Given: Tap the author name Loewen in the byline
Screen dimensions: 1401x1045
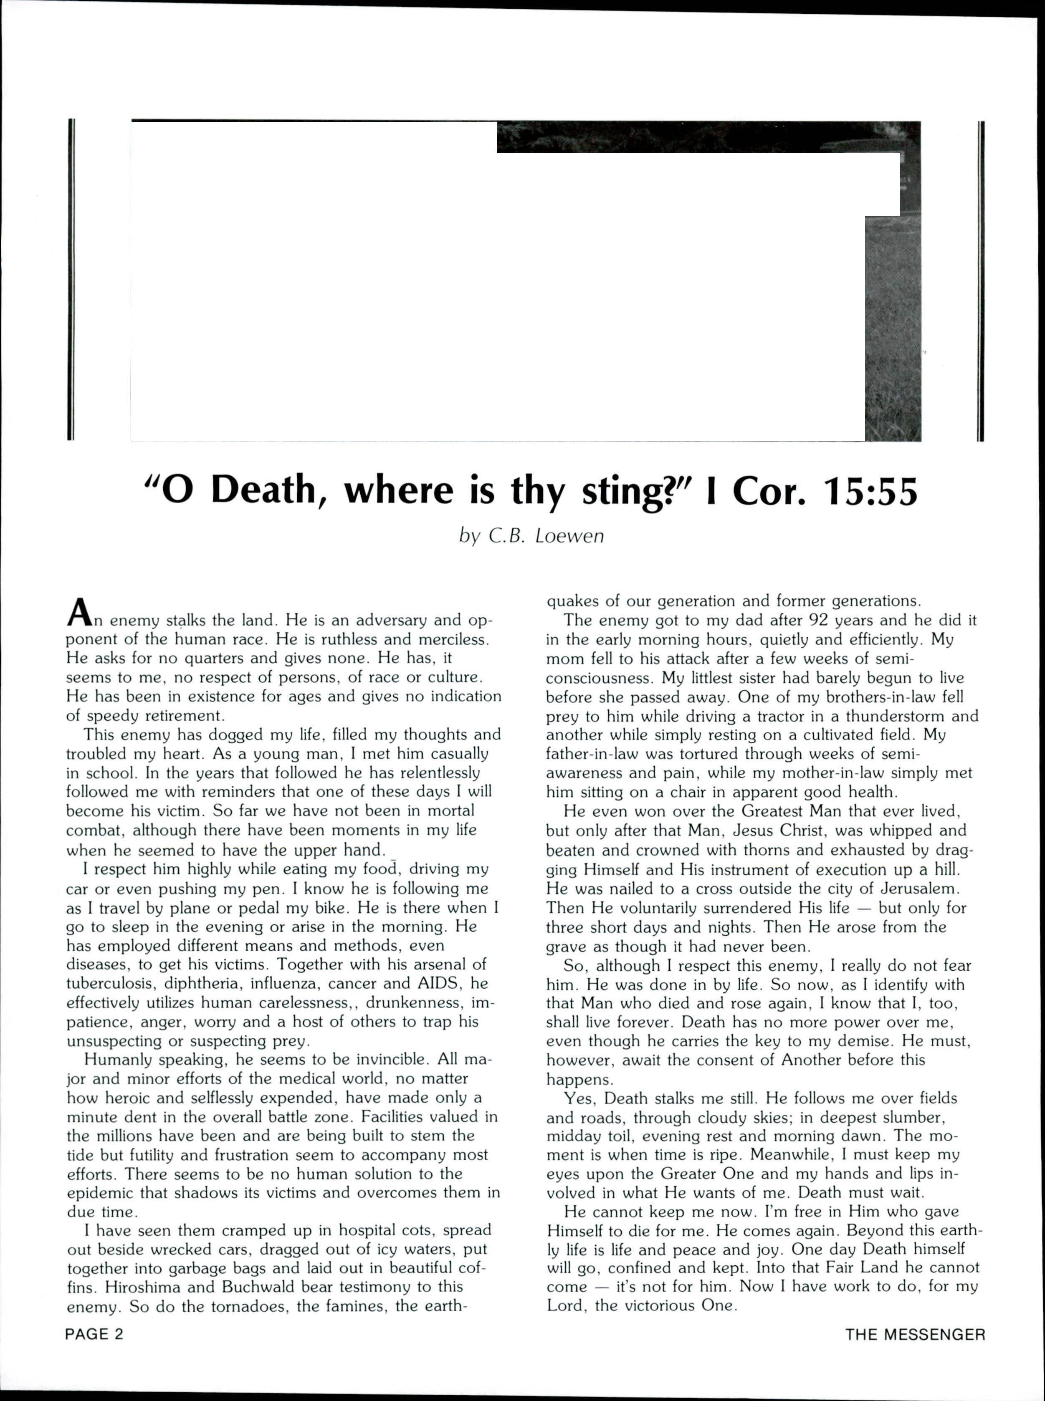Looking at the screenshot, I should pos(570,536).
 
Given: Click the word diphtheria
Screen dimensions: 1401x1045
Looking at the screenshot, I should pos(204,984).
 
